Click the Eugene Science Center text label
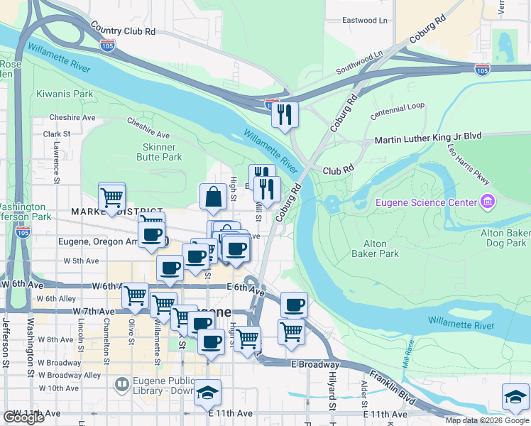(x=426, y=202)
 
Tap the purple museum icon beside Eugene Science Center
(x=486, y=202)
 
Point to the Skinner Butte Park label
(x=159, y=152)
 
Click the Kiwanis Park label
(x=65, y=94)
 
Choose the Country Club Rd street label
(x=123, y=31)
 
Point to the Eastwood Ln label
(x=365, y=21)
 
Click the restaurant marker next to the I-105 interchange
(x=285, y=114)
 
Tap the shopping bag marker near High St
(x=213, y=197)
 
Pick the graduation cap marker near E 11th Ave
(x=207, y=392)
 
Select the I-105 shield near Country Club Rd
(x=107, y=45)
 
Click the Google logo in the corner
(x=23, y=417)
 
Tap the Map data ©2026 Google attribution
(x=487, y=420)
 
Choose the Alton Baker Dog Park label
(x=505, y=238)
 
